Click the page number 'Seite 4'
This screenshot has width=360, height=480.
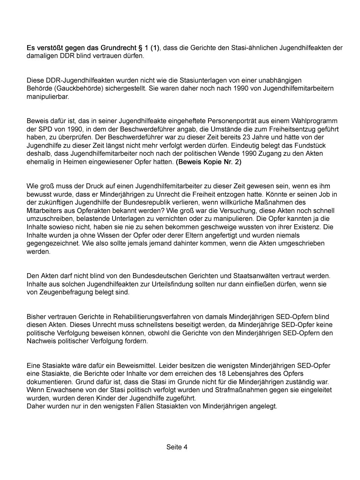(x=177, y=447)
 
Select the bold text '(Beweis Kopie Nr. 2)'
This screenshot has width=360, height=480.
(x=208, y=162)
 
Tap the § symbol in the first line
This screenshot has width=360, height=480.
(x=141, y=48)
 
